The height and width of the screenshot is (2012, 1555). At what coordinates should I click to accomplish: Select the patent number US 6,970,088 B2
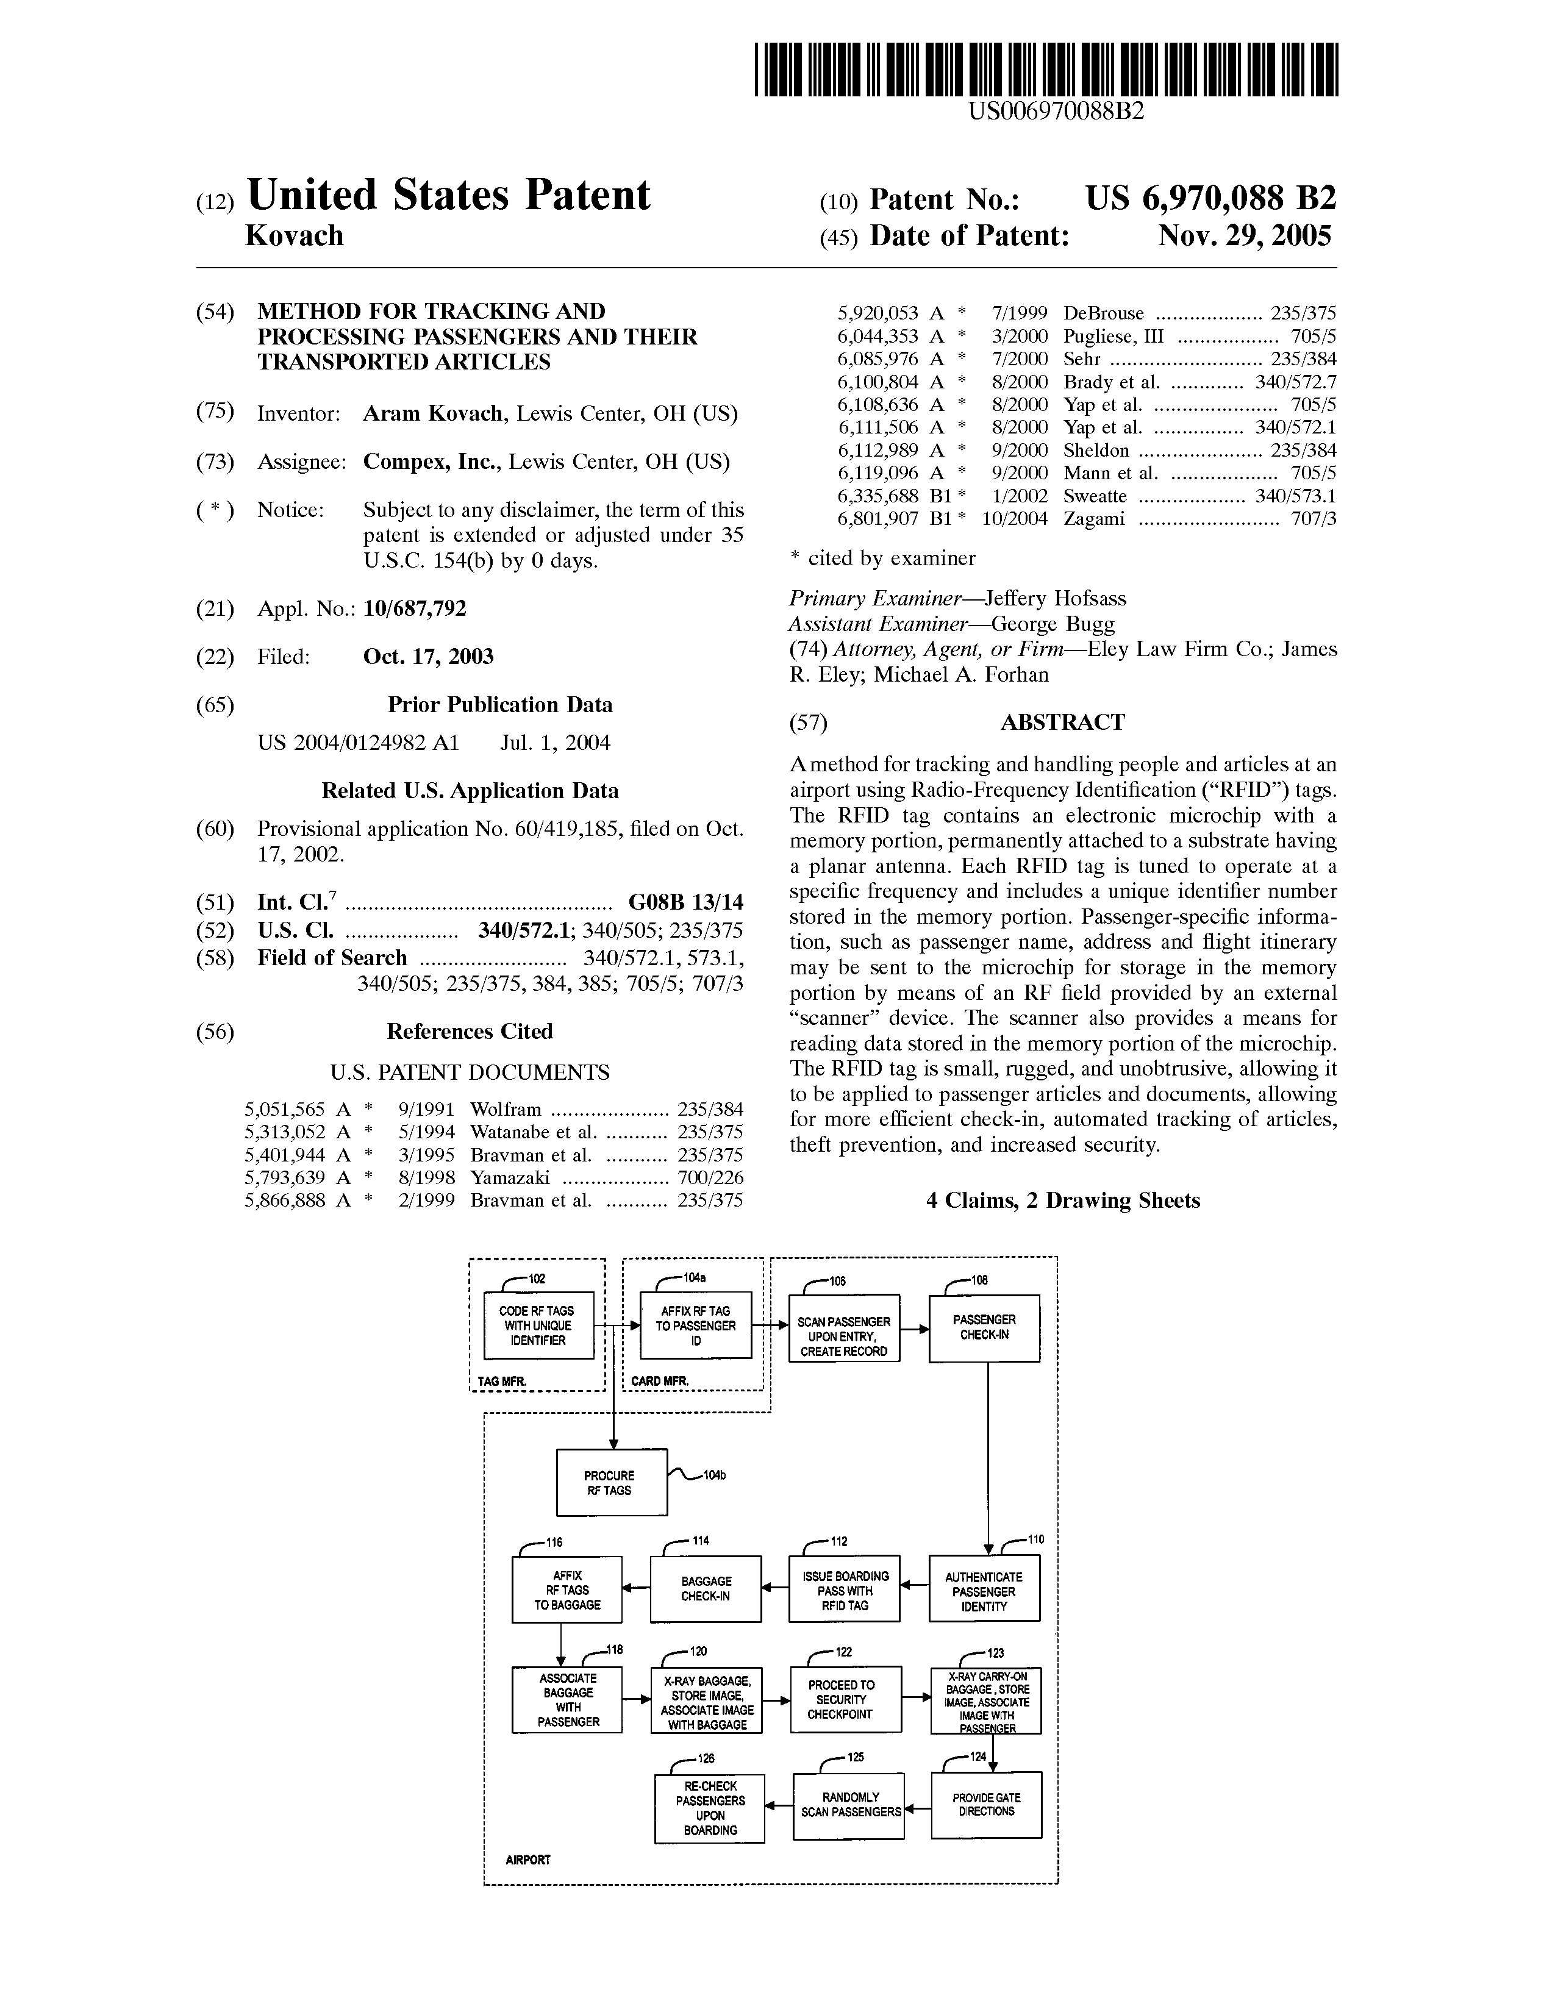[x=1210, y=198]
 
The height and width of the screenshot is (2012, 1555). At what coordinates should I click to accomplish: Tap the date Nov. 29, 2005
[x=1245, y=237]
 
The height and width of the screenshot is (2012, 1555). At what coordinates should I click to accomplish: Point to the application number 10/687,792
[x=415, y=609]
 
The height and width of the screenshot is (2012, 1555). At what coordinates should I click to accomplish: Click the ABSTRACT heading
[x=1062, y=722]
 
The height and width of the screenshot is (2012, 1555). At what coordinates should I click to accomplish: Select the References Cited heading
[x=470, y=1032]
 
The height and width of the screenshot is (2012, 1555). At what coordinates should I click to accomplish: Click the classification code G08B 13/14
[x=685, y=902]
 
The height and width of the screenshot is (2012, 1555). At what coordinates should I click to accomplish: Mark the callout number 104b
[x=714, y=1476]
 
